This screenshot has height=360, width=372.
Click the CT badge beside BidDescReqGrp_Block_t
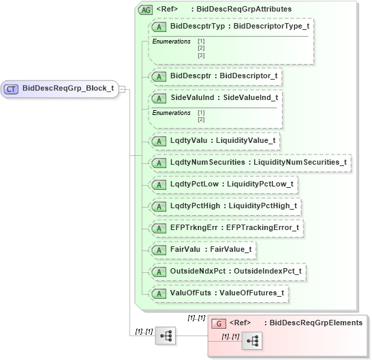tap(12, 88)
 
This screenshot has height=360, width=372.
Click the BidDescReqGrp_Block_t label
tap(67, 88)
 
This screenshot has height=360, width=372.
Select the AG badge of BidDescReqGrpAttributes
tap(144, 10)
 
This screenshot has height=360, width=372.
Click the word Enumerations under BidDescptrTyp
tap(171, 42)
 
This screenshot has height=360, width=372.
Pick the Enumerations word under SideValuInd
tap(171, 113)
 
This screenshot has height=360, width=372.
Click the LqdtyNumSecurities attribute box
tap(250, 163)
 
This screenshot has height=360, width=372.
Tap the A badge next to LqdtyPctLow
tap(159, 184)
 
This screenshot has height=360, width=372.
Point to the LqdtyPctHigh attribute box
tap(225, 206)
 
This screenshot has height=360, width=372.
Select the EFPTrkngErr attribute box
tap(226, 228)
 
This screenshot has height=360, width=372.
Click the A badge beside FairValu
tap(159, 250)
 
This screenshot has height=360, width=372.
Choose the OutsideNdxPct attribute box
tap(228, 272)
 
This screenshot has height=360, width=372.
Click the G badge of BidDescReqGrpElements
tap(219, 323)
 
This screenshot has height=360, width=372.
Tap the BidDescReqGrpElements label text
tap(313, 323)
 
